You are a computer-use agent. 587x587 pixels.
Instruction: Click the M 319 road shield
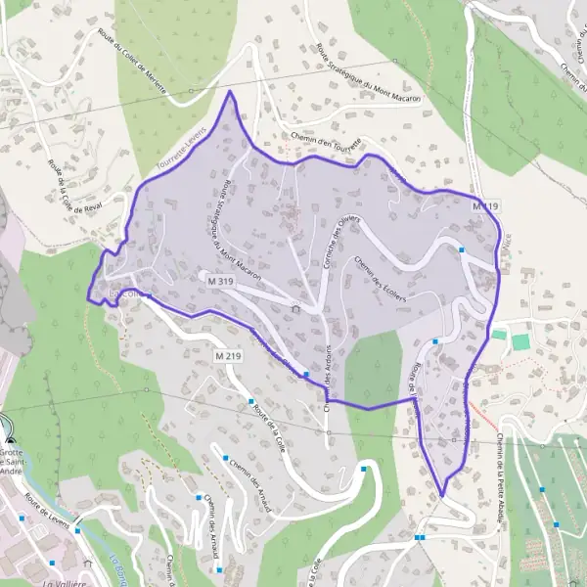coord(219,280)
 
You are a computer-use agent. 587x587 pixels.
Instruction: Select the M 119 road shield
coord(485,206)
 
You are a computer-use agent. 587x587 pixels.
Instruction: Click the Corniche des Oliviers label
coord(336,236)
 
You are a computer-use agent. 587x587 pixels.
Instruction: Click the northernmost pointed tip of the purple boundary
coord(230,92)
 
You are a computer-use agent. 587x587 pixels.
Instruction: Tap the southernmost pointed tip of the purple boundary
coord(442,495)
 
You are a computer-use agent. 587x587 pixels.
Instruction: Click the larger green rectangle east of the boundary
coord(520,341)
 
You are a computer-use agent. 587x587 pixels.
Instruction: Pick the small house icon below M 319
coord(296,309)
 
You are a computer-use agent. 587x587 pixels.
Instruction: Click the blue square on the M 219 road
coord(306,374)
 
